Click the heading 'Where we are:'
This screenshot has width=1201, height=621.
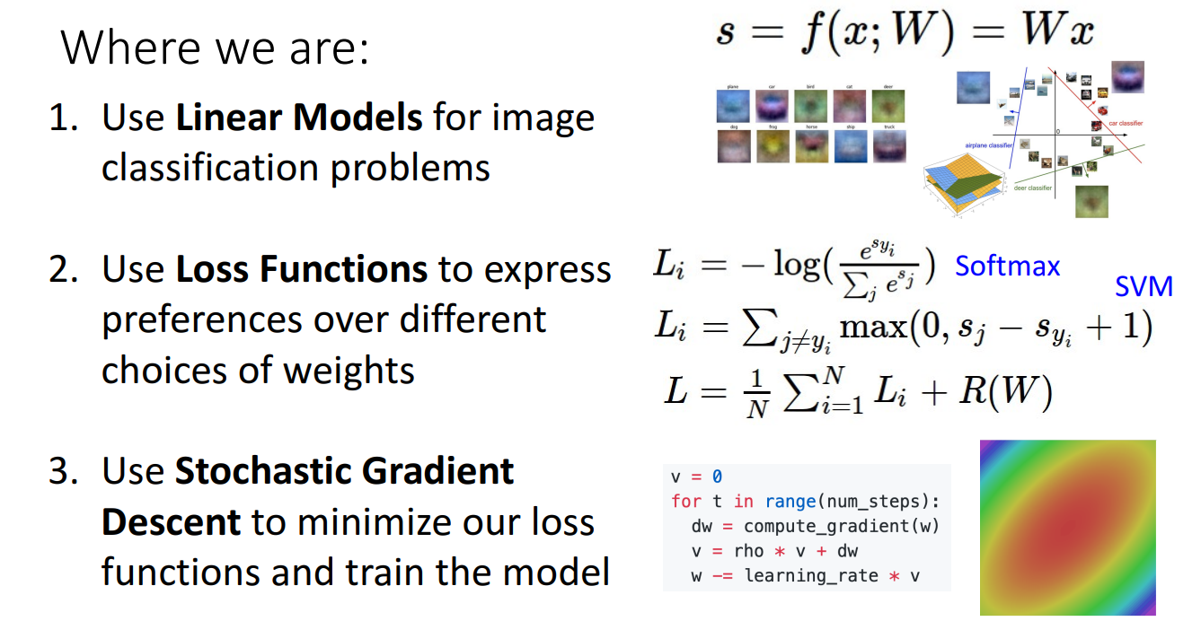click(x=215, y=48)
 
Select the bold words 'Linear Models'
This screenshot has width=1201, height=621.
click(x=298, y=118)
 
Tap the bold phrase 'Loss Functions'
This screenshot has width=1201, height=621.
click(x=301, y=268)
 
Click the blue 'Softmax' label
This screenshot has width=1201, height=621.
click(x=1007, y=266)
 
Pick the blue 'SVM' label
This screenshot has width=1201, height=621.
click(x=1144, y=286)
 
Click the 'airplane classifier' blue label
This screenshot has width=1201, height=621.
click(x=989, y=144)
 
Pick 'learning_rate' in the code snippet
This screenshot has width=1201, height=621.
click(x=811, y=575)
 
